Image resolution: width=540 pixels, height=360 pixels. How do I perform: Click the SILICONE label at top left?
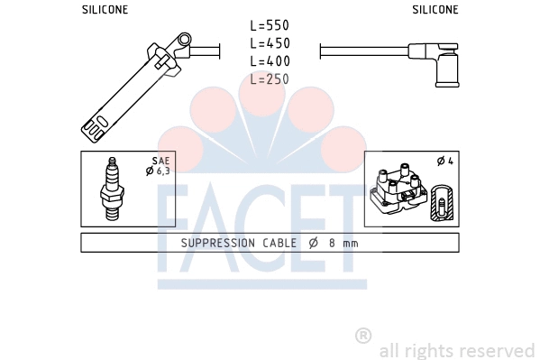click(105, 9)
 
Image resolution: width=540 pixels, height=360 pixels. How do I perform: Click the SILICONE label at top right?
click(435, 9)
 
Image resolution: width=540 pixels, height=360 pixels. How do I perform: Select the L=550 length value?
click(270, 25)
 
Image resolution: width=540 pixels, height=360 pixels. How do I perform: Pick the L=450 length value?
click(270, 43)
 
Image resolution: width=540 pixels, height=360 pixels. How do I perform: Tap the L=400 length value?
click(270, 61)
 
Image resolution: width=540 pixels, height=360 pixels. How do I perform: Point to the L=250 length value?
click(270, 79)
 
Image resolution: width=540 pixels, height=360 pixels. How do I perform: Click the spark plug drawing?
click(114, 189)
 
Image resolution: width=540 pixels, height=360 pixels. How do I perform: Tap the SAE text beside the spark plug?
click(162, 161)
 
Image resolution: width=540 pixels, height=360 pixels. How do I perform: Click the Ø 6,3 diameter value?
click(159, 171)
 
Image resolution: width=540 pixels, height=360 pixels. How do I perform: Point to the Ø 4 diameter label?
click(444, 162)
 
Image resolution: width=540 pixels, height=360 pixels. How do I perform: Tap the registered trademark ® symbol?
click(363, 336)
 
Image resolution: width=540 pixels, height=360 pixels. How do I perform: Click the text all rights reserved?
click(457, 350)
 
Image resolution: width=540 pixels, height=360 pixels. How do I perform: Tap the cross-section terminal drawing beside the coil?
click(441, 203)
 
